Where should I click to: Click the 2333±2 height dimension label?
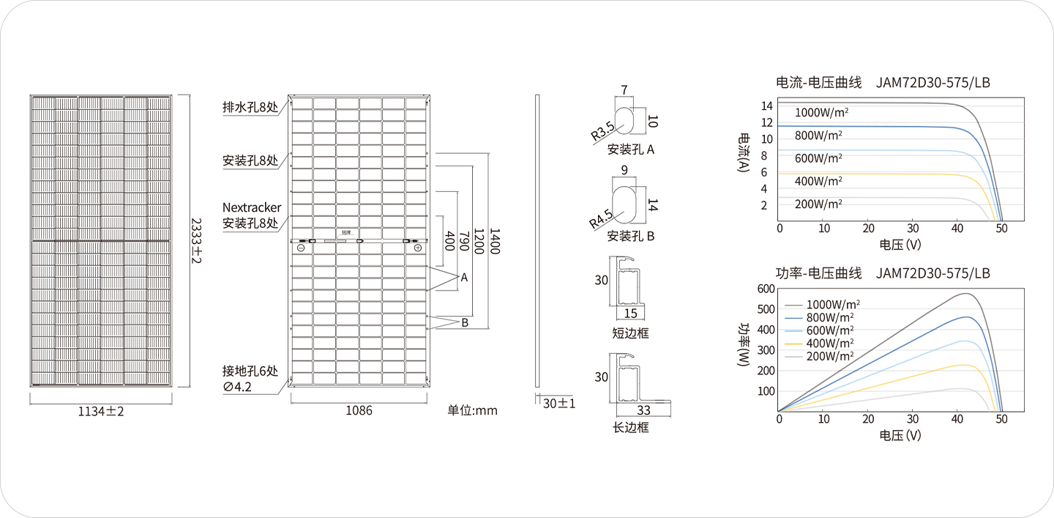(196, 240)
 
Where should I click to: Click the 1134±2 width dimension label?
(101, 411)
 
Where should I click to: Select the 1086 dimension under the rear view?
(359, 410)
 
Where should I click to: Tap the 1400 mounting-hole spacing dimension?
(495, 241)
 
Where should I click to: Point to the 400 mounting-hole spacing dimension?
(449, 240)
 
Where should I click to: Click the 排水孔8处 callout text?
(250, 107)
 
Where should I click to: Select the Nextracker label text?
(252, 207)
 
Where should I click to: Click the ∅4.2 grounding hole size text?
(237, 387)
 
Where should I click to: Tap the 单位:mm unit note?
(472, 410)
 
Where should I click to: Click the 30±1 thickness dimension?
(559, 404)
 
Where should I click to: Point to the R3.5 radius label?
(603, 131)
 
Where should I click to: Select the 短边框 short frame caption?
(630, 333)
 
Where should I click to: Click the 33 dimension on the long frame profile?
(643, 410)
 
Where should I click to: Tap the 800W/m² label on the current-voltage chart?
(818, 135)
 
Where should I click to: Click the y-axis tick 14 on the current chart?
(767, 106)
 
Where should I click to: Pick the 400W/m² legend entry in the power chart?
(830, 344)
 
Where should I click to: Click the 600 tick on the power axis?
(766, 289)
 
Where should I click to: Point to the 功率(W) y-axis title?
(744, 345)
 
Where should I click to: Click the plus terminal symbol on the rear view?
(417, 248)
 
